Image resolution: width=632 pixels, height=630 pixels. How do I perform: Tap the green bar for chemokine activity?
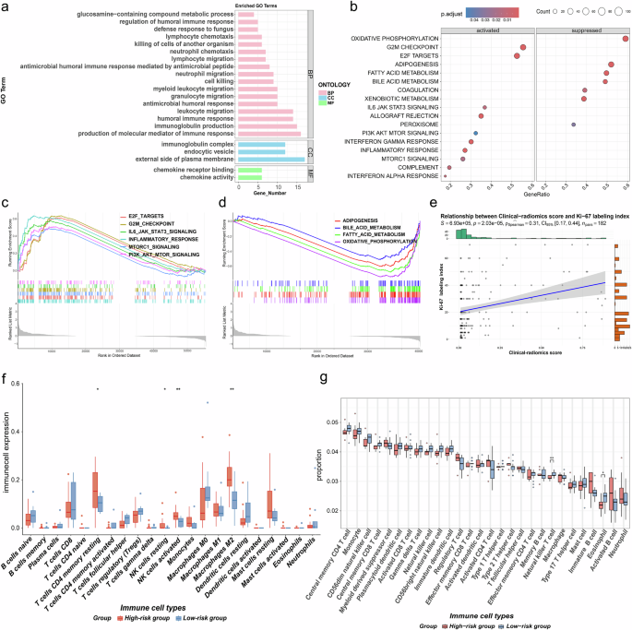tap(250, 177)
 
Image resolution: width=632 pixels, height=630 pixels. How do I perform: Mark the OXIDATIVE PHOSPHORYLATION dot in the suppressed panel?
tap(626, 38)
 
